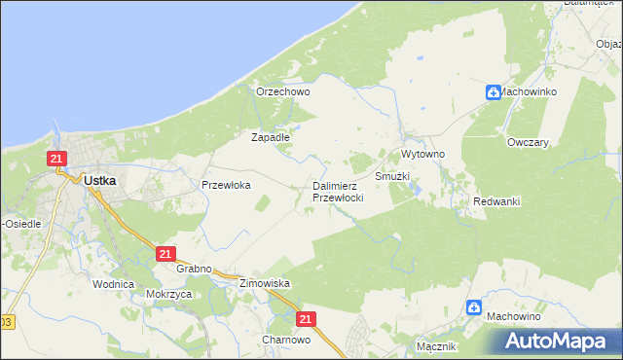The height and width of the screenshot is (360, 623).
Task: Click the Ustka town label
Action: pyautogui.click(x=101, y=180)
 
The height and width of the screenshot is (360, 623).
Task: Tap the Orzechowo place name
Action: pyautogui.click(x=282, y=91)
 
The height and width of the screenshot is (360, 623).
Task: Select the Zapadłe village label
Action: pyautogui.click(x=272, y=137)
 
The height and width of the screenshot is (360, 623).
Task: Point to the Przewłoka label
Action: pyautogui.click(x=227, y=184)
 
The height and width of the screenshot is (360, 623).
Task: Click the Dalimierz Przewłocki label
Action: pyautogui.click(x=338, y=191)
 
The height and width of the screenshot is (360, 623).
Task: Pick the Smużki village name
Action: pyautogui.click(x=392, y=177)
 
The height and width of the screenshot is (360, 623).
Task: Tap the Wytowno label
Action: pyautogui.click(x=422, y=155)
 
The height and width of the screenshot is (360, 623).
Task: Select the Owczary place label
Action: pyautogui.click(x=529, y=141)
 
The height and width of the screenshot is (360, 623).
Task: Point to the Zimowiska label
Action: pyautogui.click(x=266, y=283)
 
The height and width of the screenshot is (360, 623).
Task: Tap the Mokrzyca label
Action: pyautogui.click(x=165, y=293)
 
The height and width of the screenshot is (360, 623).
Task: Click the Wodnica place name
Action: pyautogui.click(x=113, y=284)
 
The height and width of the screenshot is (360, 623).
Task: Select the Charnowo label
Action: pyautogui.click(x=286, y=341)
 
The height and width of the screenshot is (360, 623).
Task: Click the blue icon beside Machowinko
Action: pyautogui.click(x=495, y=92)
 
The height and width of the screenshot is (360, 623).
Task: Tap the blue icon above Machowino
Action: pyautogui.click(x=475, y=307)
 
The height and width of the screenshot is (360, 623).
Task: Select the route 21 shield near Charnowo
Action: pyautogui.click(x=307, y=318)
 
